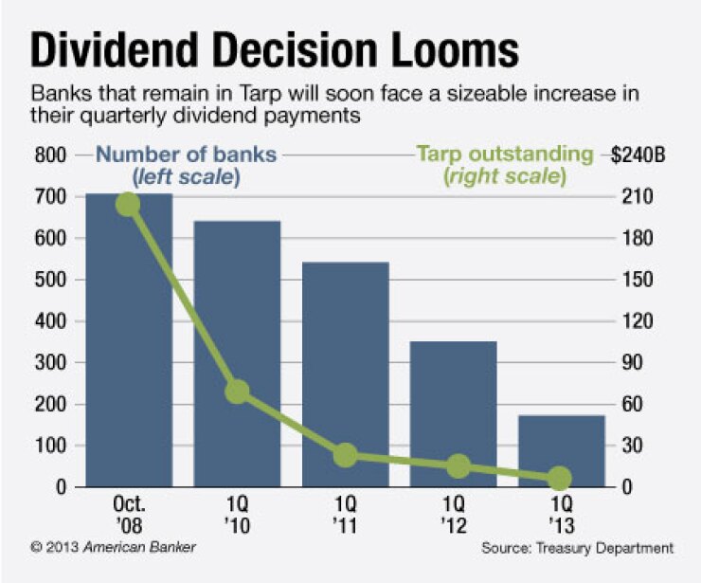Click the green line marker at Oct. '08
(x=128, y=204)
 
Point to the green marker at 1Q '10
(x=237, y=391)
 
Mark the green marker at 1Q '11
(x=346, y=455)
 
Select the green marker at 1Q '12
(x=458, y=465)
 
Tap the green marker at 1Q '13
(x=560, y=478)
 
